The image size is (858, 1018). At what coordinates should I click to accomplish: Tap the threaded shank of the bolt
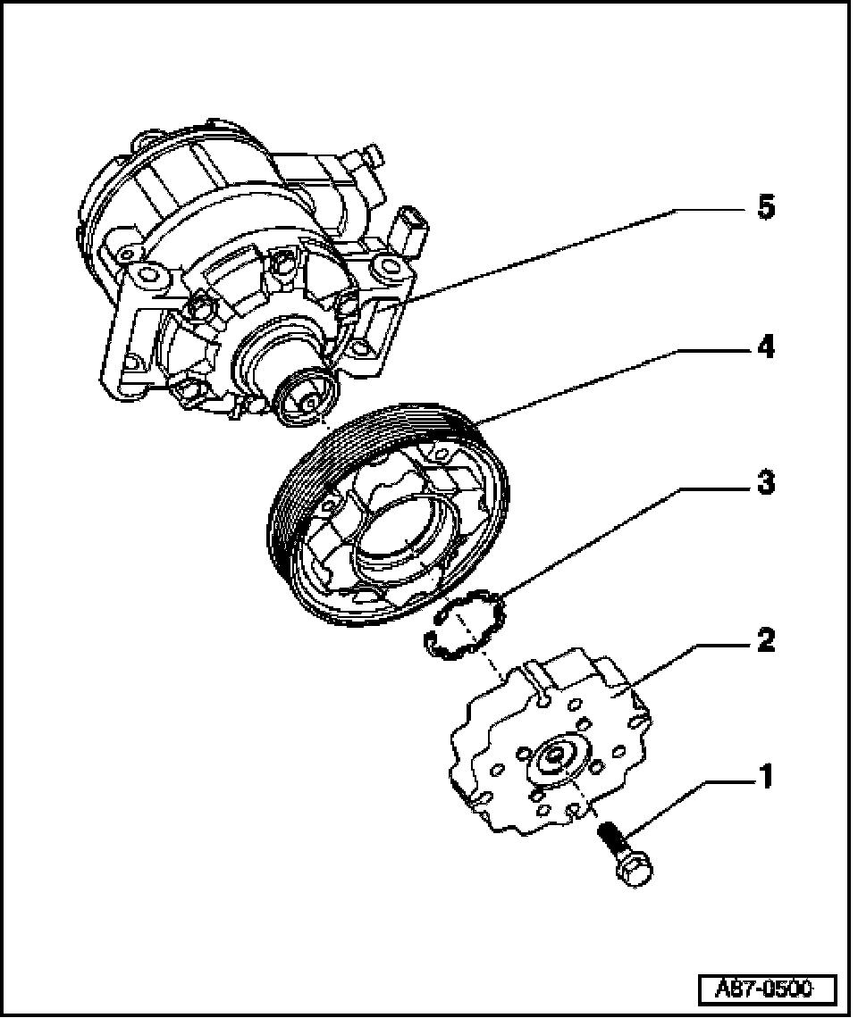[612, 839]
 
